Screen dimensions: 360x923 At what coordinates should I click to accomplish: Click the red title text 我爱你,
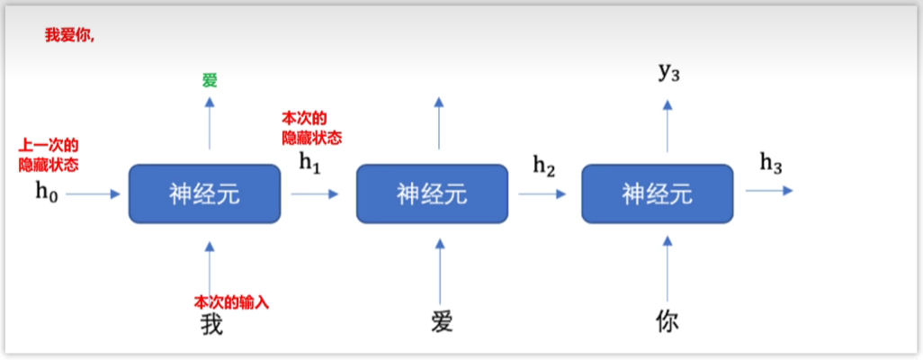click(69, 35)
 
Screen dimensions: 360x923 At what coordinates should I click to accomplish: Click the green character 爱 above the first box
click(210, 81)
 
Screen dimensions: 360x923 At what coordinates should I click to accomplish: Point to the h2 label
click(544, 165)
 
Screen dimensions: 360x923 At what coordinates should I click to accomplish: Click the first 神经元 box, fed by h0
click(205, 193)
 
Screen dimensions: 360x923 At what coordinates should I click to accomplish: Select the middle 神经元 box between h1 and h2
click(432, 193)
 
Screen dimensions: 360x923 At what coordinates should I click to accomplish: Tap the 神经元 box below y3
click(657, 193)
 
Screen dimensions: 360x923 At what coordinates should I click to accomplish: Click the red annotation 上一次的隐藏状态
click(49, 155)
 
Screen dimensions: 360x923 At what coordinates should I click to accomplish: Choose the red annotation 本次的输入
click(231, 301)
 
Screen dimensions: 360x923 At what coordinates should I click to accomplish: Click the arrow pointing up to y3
click(667, 125)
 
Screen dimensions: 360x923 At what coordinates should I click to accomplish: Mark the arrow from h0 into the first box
click(93, 193)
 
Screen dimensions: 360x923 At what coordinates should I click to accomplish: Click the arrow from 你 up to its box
click(667, 269)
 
